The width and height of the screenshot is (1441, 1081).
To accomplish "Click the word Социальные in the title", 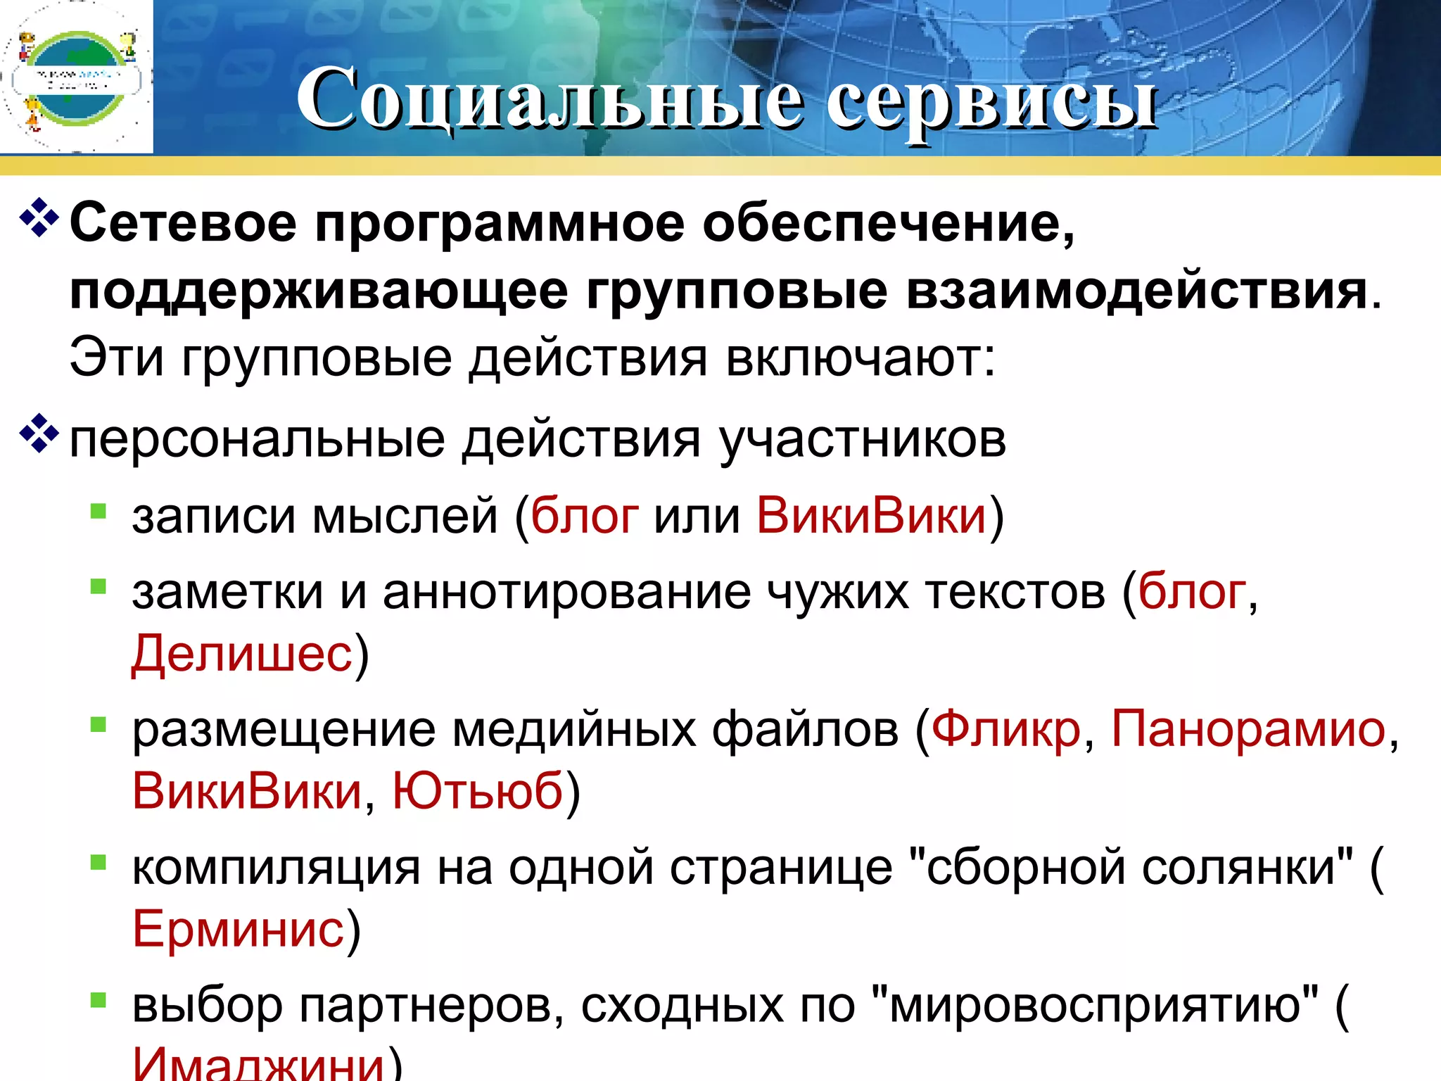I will pos(550,99).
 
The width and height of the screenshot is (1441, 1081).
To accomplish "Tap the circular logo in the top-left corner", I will pos(76,77).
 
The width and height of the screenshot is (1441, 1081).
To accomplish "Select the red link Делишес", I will pos(241,653).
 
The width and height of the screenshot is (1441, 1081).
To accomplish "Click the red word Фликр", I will pos(1005,728).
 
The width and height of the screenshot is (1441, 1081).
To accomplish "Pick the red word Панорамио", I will pos(1248,728).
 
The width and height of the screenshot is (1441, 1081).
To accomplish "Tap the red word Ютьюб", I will pos(478,790).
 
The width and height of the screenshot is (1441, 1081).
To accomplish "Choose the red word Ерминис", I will pos(238,929).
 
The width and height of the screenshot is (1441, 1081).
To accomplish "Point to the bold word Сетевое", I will pos(183,224).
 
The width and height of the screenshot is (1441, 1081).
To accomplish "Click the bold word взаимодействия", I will pos(1136,291).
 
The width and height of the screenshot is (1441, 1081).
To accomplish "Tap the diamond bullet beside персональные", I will pos(39,435).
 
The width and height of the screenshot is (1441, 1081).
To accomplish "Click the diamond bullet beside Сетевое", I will pos(39,218).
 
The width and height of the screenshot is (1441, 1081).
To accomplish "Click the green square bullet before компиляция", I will pos(98,861).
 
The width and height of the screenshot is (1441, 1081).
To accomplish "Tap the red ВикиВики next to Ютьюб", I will pos(247,790).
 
